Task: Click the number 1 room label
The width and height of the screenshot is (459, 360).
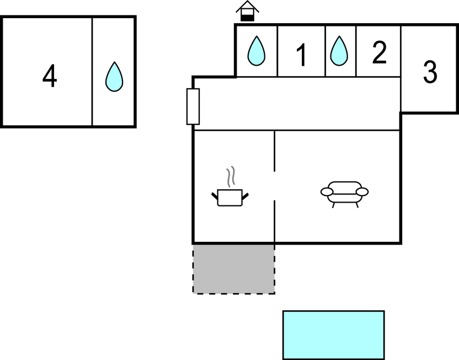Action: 301,55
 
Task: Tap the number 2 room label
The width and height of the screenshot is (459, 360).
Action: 379,53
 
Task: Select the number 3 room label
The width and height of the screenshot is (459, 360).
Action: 430,72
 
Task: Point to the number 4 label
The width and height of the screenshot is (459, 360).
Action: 50,77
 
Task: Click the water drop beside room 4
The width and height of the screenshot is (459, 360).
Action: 114,77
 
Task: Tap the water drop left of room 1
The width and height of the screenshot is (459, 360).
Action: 256,51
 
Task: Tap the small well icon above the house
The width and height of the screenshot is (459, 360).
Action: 247,12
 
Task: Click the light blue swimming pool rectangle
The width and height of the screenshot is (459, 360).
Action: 333,335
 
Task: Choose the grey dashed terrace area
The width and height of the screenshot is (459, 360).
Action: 233,268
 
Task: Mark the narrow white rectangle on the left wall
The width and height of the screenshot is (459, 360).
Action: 193,107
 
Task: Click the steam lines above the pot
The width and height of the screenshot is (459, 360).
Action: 232,176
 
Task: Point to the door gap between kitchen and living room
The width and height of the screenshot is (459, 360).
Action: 274,186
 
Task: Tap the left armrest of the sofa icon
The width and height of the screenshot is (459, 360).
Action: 327,192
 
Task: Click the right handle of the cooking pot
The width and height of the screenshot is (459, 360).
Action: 246,194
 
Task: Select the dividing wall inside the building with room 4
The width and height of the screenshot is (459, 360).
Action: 92,72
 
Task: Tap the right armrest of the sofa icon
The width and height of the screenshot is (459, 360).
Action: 362,192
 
